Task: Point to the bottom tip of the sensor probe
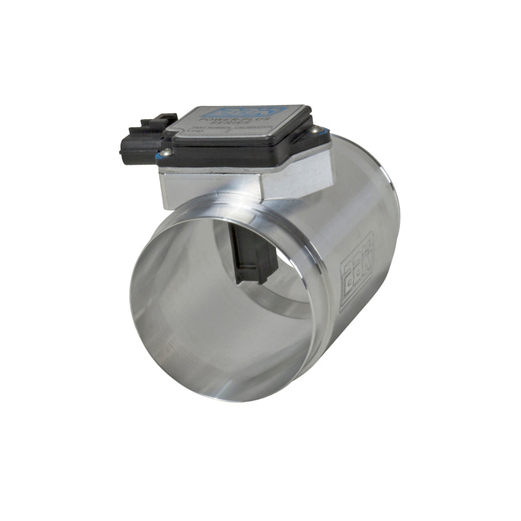(254, 280)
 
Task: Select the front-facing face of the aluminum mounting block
(208, 188)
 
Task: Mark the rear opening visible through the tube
(287, 293)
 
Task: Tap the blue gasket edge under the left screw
(166, 159)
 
